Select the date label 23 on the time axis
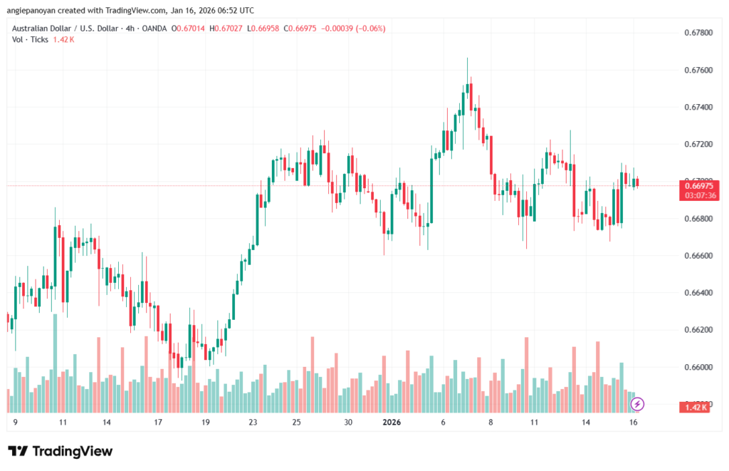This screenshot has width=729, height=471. click(x=253, y=422)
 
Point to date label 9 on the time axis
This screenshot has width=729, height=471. click(x=16, y=422)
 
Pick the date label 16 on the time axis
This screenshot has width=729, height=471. click(x=633, y=422)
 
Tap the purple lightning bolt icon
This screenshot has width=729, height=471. click(x=638, y=404)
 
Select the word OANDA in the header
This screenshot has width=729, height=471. click(x=154, y=28)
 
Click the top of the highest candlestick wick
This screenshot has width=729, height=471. click(x=467, y=58)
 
